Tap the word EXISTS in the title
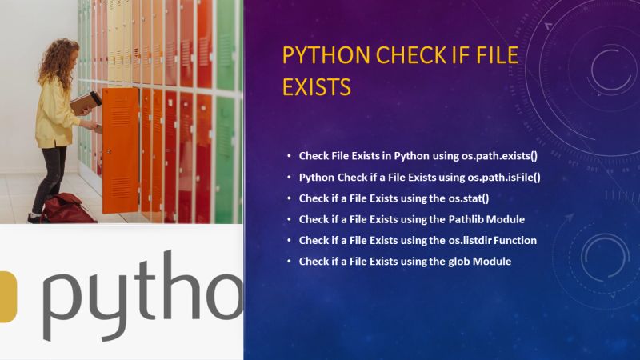[317, 86]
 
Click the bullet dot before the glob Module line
[289, 262]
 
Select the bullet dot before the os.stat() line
[289, 198]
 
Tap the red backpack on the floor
[68, 209]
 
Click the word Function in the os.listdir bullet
[516, 240]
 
